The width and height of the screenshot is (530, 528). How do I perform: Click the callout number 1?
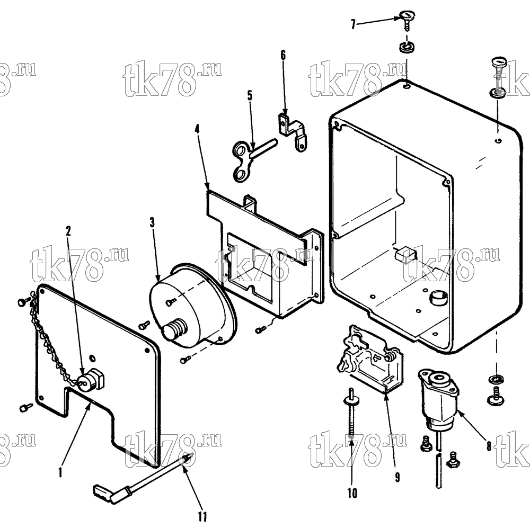(60, 472)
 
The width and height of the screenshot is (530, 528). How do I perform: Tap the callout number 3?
(152, 222)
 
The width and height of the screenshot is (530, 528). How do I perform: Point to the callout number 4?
(197, 129)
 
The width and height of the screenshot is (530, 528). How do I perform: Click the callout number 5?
(250, 96)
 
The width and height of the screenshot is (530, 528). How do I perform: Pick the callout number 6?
(283, 55)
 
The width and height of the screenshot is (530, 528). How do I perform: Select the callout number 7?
(353, 24)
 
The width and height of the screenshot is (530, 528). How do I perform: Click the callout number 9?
(397, 477)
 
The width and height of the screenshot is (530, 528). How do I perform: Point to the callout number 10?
(352, 493)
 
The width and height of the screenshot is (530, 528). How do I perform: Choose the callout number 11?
(202, 517)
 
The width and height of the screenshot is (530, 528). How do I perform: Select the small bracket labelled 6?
(293, 132)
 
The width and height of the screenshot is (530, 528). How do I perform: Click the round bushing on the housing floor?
(438, 298)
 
